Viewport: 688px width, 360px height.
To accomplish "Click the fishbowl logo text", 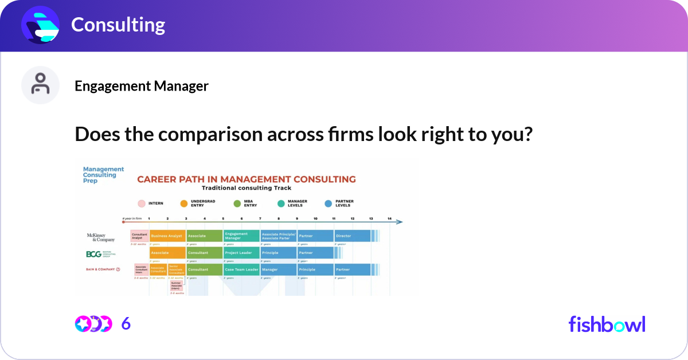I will [x=607, y=324].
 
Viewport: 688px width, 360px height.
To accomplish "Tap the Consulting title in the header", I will [x=118, y=25].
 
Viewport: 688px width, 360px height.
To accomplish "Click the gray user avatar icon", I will [x=40, y=85].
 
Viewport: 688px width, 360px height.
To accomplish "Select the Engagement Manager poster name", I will [x=142, y=86].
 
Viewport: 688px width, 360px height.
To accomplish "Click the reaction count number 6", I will [x=126, y=324].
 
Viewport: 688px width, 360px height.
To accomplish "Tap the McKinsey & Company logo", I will [x=101, y=237].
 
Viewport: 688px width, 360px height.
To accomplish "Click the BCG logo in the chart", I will [x=101, y=254].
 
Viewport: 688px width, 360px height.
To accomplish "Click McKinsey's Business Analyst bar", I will [x=167, y=236].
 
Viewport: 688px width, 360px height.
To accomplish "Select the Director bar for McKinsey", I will [x=352, y=236].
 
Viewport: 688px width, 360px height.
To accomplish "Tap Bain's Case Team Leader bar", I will [x=241, y=269].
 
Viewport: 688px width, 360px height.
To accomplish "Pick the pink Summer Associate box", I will [x=176, y=285].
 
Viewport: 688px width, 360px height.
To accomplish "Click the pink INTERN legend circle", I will [x=141, y=204].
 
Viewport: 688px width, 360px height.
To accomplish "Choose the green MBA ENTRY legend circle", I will [x=237, y=204].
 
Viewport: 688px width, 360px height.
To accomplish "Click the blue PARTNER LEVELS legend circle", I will [x=329, y=204].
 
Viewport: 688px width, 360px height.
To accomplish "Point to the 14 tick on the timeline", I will [x=389, y=218].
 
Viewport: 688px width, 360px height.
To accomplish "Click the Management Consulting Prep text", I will [x=103, y=175].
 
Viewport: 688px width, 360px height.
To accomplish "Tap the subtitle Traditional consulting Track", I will [x=247, y=188].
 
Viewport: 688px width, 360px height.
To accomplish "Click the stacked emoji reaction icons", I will [x=93, y=324].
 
